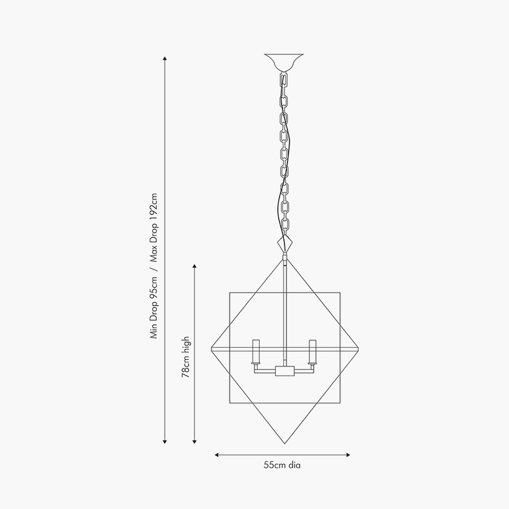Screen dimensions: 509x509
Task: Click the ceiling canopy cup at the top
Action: click(284, 62)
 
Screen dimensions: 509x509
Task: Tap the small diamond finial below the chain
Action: click(285, 243)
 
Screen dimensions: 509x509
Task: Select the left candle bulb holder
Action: click(257, 352)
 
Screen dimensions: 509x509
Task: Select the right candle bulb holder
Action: click(313, 352)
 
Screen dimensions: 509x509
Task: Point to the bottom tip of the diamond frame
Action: click(285, 443)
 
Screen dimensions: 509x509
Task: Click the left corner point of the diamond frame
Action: click(212, 349)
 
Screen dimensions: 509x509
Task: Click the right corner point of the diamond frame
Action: click(358, 349)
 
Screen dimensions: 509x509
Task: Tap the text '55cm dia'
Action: click(282, 465)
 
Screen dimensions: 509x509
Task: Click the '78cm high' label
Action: click(186, 357)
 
